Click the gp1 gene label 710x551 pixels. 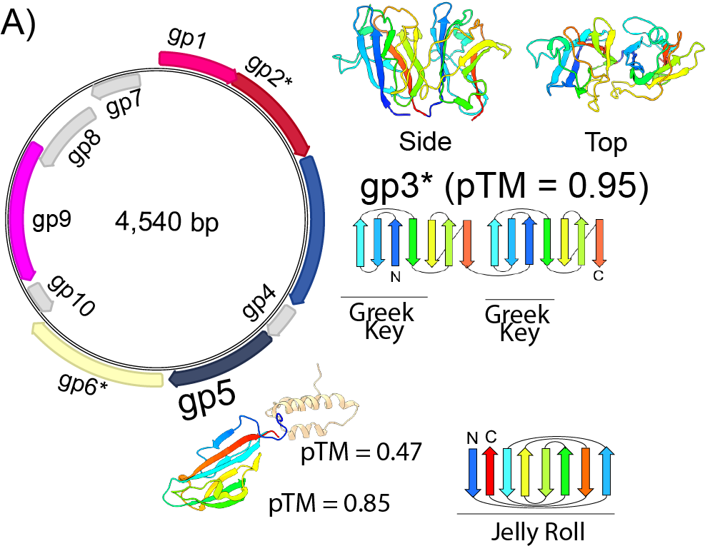pyautogui.click(x=188, y=40)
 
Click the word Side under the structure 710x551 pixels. pyautogui.click(x=425, y=142)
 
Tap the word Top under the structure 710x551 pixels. pyautogui.click(x=606, y=143)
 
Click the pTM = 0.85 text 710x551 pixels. pyautogui.click(x=329, y=504)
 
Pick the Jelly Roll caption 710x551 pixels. pyautogui.click(x=535, y=532)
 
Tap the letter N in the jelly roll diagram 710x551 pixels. pyautogui.click(x=471, y=437)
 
